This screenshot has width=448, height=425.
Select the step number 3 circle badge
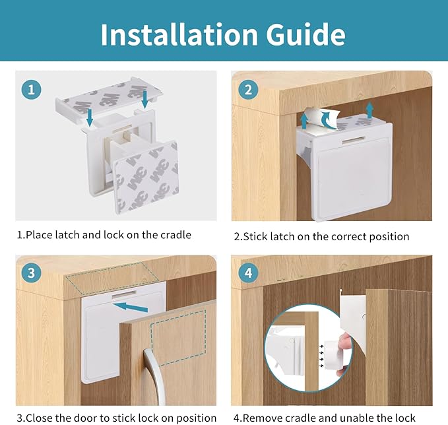(31, 273)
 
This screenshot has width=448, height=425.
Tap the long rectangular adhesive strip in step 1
(113, 88)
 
